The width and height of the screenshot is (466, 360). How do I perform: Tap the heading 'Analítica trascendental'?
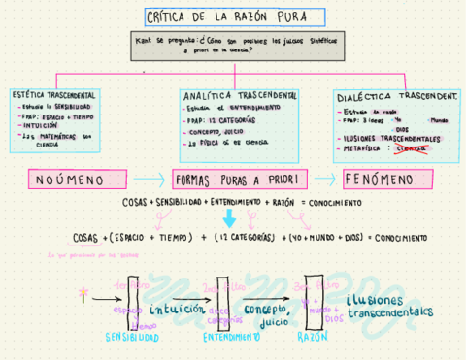pyautogui.click(x=240, y=96)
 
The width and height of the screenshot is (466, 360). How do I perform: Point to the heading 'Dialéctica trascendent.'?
pyautogui.click(x=395, y=97)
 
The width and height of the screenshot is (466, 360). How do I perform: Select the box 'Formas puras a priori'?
pyautogui.click(x=239, y=180)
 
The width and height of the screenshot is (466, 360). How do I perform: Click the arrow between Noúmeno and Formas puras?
pyautogui.click(x=150, y=180)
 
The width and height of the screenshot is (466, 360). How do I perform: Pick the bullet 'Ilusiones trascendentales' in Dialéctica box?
pyautogui.click(x=394, y=139)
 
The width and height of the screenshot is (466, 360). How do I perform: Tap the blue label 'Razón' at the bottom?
pyautogui.click(x=313, y=335)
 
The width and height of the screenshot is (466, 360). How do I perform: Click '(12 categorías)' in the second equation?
pyautogui.click(x=244, y=237)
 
